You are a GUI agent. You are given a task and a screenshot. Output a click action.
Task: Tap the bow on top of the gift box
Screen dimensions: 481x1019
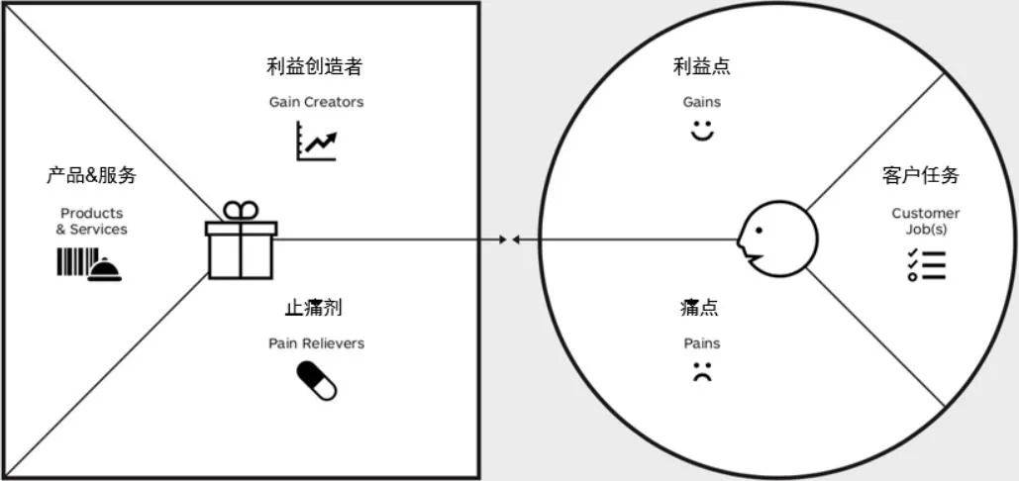point(241,210)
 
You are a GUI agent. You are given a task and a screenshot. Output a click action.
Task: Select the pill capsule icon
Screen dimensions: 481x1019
point(317,381)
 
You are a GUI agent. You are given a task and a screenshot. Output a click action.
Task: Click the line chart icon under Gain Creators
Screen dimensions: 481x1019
point(316,142)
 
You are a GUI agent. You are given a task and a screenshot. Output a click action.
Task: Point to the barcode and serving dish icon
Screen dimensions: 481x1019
point(89,264)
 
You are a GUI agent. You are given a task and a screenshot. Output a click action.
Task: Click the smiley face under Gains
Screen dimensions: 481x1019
point(702,131)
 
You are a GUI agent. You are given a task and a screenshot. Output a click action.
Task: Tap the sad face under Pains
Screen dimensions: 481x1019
point(702,373)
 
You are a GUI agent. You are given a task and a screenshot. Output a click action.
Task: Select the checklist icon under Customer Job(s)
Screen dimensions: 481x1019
point(926,264)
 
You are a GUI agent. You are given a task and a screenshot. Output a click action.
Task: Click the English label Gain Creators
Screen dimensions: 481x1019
point(316,102)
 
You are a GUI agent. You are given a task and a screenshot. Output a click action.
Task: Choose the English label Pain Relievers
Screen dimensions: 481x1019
point(316,343)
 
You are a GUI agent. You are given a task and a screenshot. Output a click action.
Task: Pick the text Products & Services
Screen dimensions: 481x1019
point(91,221)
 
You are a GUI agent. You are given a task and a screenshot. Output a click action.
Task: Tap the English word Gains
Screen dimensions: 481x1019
point(702,102)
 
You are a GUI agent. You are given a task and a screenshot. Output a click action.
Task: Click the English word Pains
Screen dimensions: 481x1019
point(702,343)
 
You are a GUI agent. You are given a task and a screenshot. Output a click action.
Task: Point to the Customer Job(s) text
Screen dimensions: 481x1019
point(925,221)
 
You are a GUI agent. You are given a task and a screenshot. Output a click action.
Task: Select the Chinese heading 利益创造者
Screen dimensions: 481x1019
point(314,66)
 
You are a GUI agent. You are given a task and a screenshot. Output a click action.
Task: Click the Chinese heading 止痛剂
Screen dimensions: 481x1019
point(313,308)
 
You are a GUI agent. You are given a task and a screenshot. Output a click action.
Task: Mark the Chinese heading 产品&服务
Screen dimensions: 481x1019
point(91,176)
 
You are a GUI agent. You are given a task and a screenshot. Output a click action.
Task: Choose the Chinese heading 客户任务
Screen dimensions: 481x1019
point(920,175)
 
